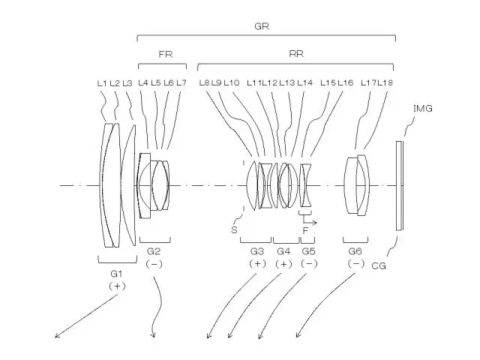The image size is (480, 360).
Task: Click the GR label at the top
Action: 262,25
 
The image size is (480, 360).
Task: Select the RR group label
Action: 295,54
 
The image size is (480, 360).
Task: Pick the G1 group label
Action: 116,273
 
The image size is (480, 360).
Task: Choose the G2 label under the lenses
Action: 154,250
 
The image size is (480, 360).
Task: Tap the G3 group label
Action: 257,250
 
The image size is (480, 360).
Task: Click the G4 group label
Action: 283,250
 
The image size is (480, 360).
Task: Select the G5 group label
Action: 309,250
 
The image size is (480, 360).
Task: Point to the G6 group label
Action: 355,250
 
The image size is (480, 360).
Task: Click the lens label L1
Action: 103,82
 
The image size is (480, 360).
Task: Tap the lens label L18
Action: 385,82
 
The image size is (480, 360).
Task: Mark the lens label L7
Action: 181,82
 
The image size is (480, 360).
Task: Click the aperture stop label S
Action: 234,229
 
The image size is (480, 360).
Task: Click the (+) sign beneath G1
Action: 116,286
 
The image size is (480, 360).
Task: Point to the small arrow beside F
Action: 313,223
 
